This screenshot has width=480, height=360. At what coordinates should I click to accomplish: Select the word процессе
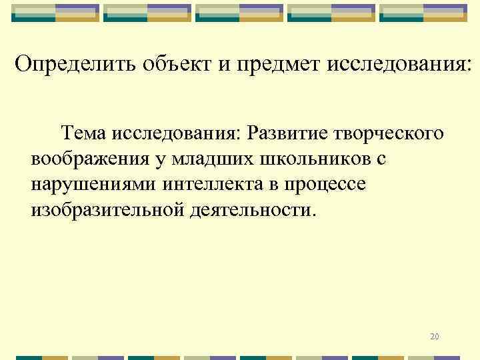tap(326, 185)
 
